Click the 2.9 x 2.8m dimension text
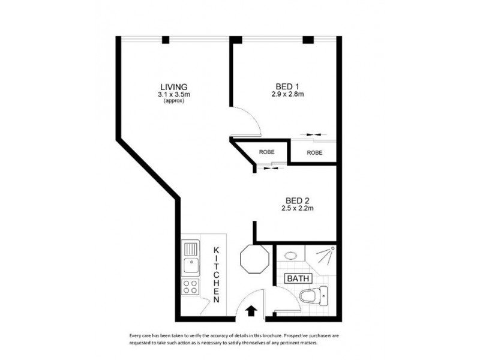pyautogui.click(x=287, y=94)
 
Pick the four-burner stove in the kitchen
pyautogui.click(x=190, y=286)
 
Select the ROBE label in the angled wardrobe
pyautogui.click(x=267, y=152)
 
